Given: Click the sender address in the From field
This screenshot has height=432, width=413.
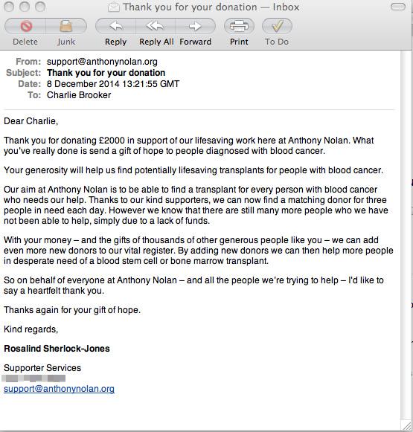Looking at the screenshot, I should tap(102, 62).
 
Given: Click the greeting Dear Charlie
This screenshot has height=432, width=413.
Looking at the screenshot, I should tap(31, 120).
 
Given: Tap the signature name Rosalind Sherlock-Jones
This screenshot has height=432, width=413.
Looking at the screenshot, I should tap(57, 349).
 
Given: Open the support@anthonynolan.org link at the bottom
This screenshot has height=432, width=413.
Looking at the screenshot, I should tap(59, 389).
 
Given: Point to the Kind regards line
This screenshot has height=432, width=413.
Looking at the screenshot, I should tap(31, 329).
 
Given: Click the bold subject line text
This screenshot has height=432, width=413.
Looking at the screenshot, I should tap(106, 73).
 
